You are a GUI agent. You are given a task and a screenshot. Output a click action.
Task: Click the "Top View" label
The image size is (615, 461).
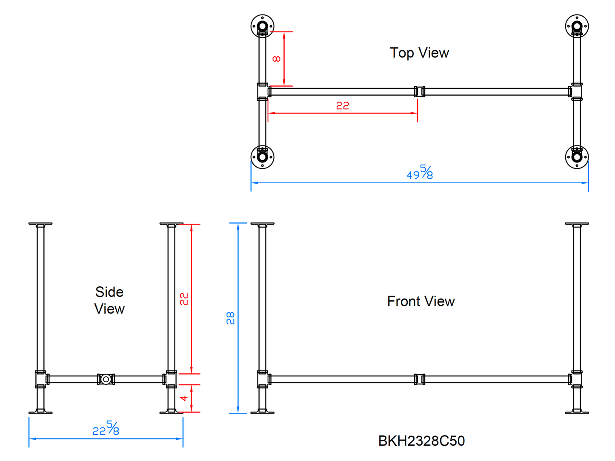[x=419, y=53]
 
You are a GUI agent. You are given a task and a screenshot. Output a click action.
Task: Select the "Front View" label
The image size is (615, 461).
[x=420, y=301]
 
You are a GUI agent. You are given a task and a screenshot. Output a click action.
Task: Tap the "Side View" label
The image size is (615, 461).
[x=109, y=300]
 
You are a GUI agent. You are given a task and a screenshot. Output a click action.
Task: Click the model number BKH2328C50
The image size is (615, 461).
[x=421, y=441]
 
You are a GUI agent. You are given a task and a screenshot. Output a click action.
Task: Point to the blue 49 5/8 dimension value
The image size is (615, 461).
[x=420, y=173]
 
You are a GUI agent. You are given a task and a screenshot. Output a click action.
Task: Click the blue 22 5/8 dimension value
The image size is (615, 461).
[x=106, y=429]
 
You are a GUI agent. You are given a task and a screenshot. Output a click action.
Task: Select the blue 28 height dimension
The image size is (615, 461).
[x=230, y=318]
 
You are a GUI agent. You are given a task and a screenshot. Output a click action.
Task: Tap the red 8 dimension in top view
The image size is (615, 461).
[x=277, y=59]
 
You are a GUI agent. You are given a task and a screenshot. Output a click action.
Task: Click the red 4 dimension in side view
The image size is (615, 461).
[x=184, y=398]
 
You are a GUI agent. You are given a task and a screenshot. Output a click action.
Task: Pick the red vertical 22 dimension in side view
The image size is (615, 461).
[x=184, y=299]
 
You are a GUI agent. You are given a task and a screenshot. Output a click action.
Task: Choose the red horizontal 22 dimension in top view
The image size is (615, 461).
[x=343, y=105]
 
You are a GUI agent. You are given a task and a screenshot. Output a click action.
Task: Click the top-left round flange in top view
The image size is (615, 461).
[x=262, y=26]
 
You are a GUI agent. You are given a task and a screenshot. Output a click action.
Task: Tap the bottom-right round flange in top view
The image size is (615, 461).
[x=577, y=157]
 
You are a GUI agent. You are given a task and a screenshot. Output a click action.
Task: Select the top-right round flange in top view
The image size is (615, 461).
[x=577, y=26]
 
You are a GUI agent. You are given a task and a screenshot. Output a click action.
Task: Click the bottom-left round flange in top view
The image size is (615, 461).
[x=262, y=157]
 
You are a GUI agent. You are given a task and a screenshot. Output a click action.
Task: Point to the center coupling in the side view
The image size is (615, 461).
[x=106, y=379]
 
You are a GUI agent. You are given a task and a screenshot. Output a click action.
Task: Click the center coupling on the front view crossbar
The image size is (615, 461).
[x=420, y=379]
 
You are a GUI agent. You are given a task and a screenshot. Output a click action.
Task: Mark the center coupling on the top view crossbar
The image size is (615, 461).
[x=420, y=91]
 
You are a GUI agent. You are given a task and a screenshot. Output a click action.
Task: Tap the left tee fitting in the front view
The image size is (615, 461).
[x=263, y=379]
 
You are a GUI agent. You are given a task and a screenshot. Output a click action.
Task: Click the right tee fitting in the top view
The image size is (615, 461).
[x=576, y=91]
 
